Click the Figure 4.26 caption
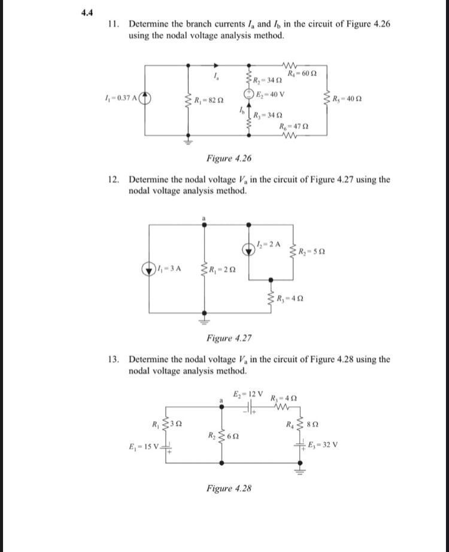coord(229,158)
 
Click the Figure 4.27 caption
coord(229,339)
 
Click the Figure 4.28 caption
coord(229,489)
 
